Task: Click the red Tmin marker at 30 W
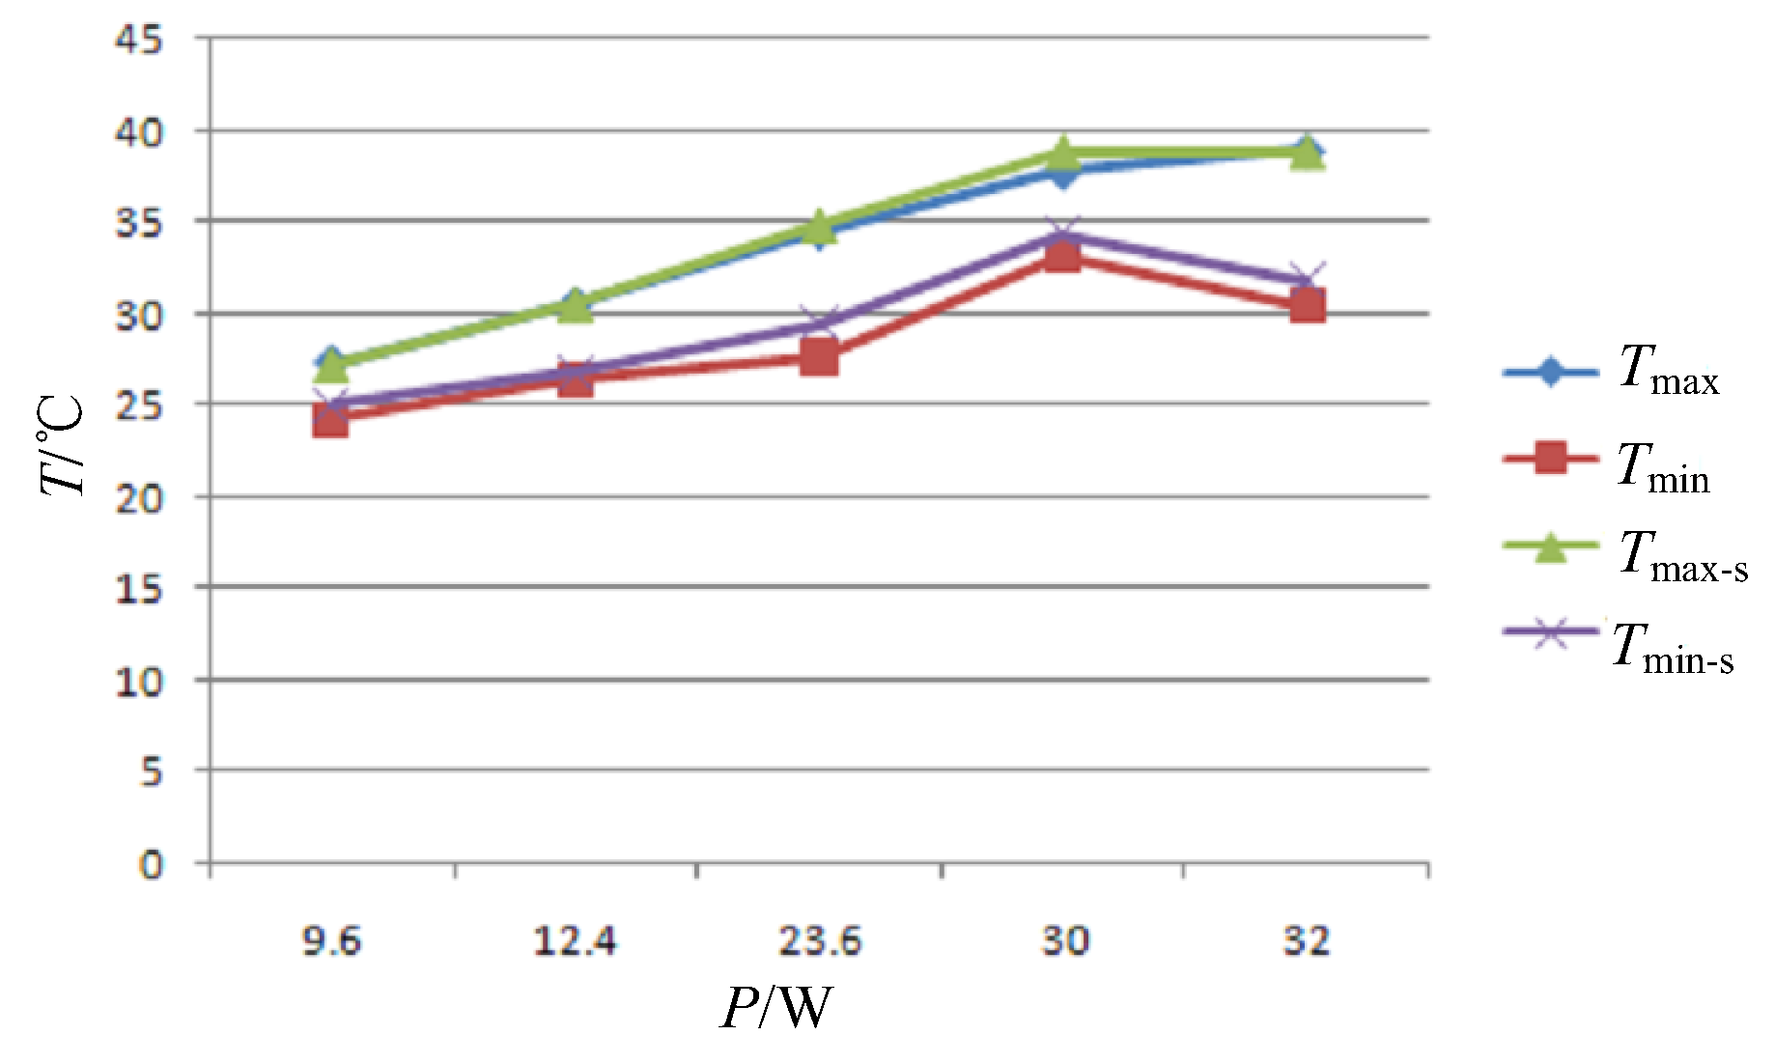click(x=1062, y=256)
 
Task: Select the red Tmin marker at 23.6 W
click(x=819, y=358)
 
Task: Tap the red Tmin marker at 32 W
click(x=1307, y=306)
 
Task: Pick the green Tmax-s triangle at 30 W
click(x=1062, y=153)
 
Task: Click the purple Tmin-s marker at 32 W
click(x=1307, y=280)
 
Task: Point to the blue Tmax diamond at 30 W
click(x=1062, y=174)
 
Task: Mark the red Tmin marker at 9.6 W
click(x=330, y=421)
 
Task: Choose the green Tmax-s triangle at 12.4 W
click(x=576, y=306)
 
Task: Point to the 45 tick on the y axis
click(x=140, y=41)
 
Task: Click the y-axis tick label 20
click(x=140, y=499)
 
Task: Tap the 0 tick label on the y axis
click(x=151, y=865)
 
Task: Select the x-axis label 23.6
click(x=819, y=940)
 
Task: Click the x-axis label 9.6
click(x=331, y=940)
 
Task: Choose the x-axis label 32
click(x=1307, y=940)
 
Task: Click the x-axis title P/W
click(x=775, y=1010)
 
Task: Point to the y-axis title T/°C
click(x=64, y=446)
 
